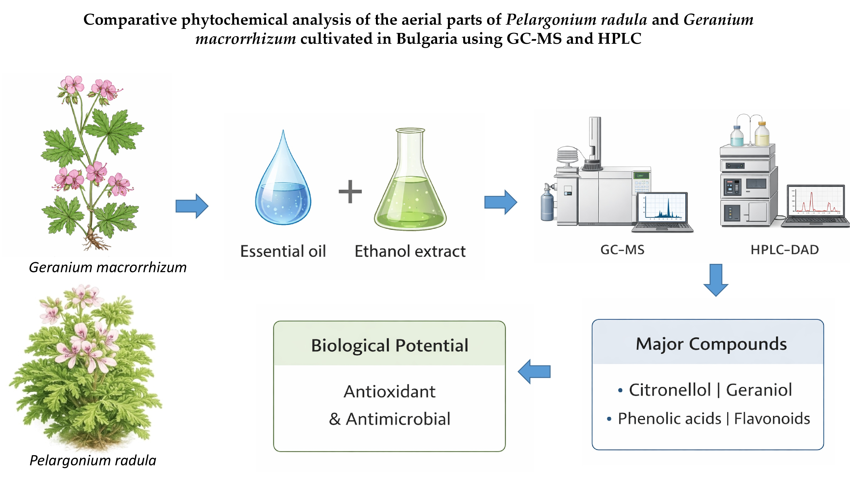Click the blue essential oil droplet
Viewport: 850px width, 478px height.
click(x=283, y=191)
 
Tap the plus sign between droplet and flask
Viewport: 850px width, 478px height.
click(x=350, y=191)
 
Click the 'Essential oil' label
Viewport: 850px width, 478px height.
click(x=283, y=251)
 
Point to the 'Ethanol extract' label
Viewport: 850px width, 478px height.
click(x=410, y=251)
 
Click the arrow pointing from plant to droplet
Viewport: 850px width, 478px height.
click(x=192, y=206)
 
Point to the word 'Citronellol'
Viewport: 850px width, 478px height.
click(x=670, y=390)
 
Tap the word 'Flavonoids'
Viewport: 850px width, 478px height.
click(x=772, y=419)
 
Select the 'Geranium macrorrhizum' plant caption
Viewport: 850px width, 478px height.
click(x=108, y=267)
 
